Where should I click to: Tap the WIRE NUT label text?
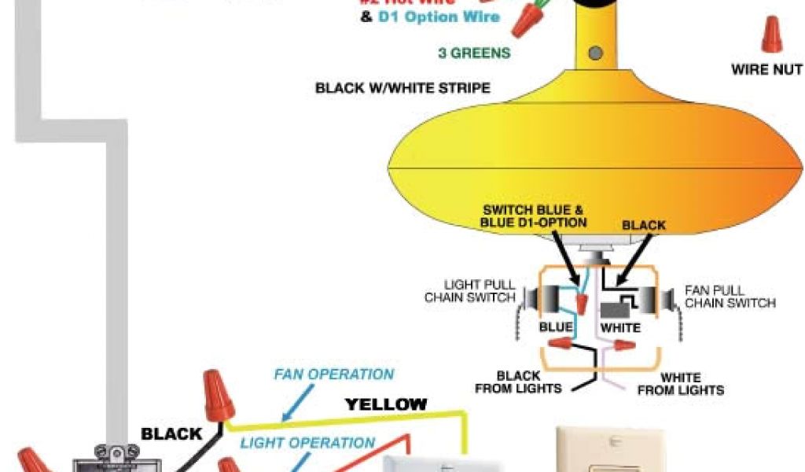[766, 70]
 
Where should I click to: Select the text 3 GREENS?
[474, 53]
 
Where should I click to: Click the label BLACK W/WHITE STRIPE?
[402, 88]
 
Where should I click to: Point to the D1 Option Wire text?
[439, 17]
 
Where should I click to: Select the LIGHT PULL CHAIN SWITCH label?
[470, 291]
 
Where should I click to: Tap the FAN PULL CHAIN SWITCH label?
[730, 297]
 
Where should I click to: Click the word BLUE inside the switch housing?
[555, 326]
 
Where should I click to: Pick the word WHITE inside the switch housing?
[620, 326]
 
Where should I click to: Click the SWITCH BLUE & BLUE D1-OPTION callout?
[534, 216]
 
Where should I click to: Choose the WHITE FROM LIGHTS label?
[680, 384]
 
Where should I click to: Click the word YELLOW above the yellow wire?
[387, 405]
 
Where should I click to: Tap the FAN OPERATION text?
[333, 374]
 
